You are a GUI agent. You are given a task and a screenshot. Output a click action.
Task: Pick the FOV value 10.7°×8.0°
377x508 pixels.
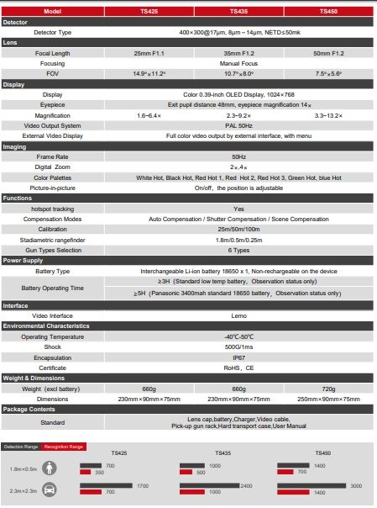pos(238,73)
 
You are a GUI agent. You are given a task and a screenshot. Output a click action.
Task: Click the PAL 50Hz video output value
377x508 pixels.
pos(238,124)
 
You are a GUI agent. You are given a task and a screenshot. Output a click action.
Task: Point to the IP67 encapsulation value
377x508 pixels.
pos(238,356)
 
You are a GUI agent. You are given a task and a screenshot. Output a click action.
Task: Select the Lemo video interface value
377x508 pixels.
pos(238,315)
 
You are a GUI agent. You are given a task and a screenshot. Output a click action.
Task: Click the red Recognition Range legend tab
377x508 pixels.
pos(65,447)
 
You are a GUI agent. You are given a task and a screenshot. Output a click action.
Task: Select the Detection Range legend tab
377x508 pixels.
pos(21,447)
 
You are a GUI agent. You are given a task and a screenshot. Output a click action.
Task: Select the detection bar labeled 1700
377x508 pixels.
pos(106,486)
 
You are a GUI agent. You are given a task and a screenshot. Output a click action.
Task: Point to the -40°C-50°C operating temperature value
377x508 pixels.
pos(238,336)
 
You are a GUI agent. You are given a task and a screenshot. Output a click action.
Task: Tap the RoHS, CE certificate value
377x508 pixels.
pos(238,367)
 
